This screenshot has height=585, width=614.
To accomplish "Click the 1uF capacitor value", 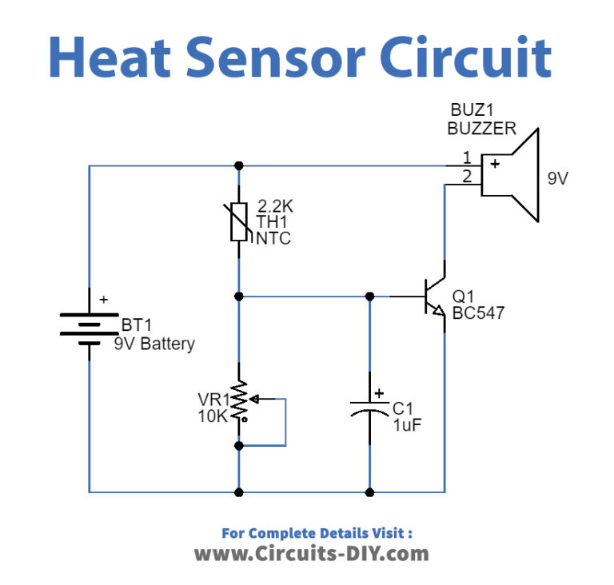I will tap(406, 425).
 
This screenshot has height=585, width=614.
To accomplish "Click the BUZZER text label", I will tap(481, 129).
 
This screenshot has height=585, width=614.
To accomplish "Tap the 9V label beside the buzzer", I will tap(557, 179).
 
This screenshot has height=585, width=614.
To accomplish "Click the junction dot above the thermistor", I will tap(239, 166).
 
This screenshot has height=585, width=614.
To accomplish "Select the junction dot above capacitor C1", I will tap(369, 296).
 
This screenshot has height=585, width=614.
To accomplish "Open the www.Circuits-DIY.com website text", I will tap(312, 552).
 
